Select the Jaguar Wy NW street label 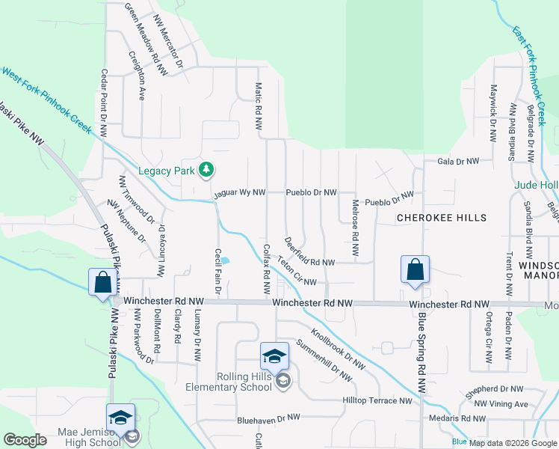point(239,192)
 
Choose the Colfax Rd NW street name point(266,270)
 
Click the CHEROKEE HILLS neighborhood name point(441,218)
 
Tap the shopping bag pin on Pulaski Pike point(103,284)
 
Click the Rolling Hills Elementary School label point(233,382)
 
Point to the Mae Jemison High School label point(90,438)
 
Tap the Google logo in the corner point(25,440)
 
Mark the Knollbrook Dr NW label point(337,351)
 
